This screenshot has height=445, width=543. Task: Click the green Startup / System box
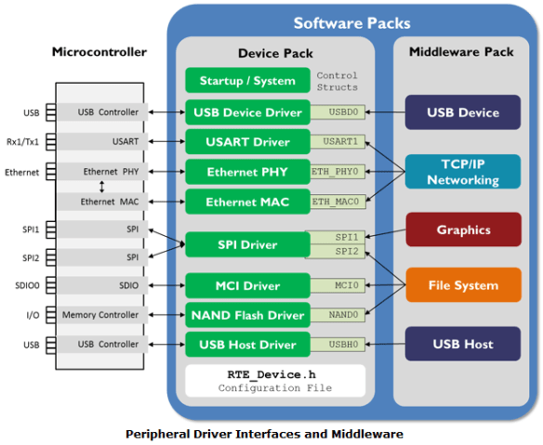click(247, 81)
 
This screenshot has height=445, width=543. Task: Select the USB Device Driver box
click(247, 112)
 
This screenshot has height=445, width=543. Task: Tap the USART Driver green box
click(247, 142)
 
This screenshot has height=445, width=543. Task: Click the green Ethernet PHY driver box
click(247, 172)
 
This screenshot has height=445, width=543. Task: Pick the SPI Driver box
click(247, 244)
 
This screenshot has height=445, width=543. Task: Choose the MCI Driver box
click(247, 285)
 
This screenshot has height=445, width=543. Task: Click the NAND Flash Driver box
click(247, 315)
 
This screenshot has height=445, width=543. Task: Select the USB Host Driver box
click(247, 345)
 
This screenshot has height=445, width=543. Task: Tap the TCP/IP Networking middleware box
click(462, 172)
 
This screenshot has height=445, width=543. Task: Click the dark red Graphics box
click(462, 229)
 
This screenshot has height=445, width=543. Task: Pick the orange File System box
click(462, 285)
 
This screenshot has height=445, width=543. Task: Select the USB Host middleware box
click(462, 345)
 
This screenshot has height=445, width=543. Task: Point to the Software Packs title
click(351, 22)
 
